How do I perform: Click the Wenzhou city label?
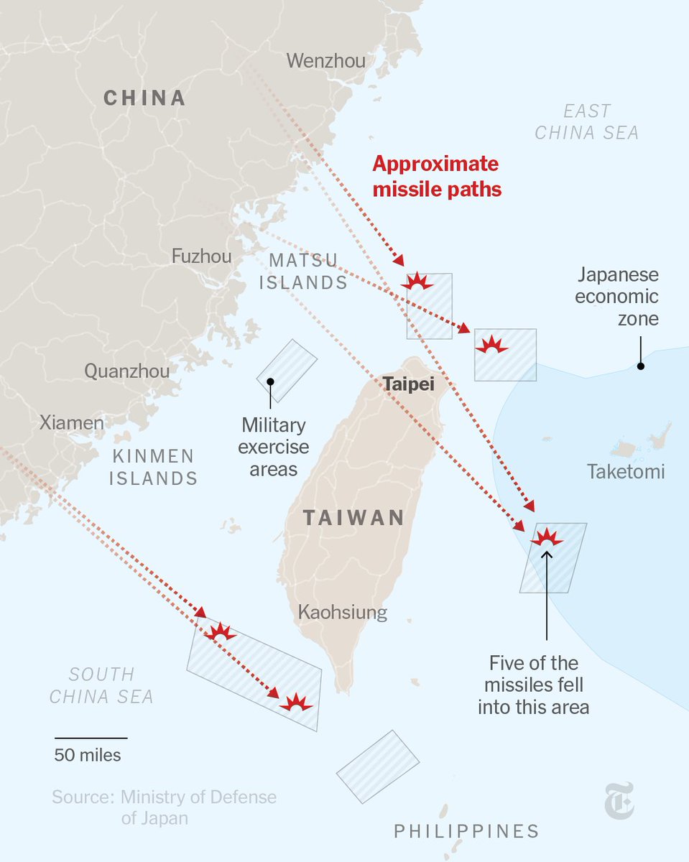pyautogui.click(x=325, y=61)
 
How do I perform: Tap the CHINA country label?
pyautogui.click(x=144, y=98)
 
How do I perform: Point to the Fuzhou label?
pyautogui.click(x=201, y=256)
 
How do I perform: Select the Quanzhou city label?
pyautogui.click(x=127, y=371)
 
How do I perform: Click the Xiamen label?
pyautogui.click(x=71, y=422)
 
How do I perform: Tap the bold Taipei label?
pyautogui.click(x=408, y=384)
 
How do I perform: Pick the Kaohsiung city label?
pyautogui.click(x=343, y=613)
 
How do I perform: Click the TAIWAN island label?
pyautogui.click(x=353, y=517)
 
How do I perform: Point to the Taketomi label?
pyautogui.click(x=626, y=472)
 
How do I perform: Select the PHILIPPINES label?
pyautogui.click(x=466, y=831)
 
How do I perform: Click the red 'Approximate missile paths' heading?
pyautogui.click(x=436, y=177)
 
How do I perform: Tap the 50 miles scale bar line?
pyautogui.click(x=91, y=738)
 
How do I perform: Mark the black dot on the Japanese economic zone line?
pyautogui.click(x=640, y=366)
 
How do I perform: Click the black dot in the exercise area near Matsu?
pyautogui.click(x=270, y=381)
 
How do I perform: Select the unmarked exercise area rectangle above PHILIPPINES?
pyautogui.click(x=377, y=766)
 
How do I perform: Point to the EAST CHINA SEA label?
pyautogui.click(x=587, y=122)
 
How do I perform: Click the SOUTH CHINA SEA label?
pyautogui.click(x=101, y=685)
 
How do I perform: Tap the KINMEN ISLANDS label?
pyautogui.click(x=153, y=467)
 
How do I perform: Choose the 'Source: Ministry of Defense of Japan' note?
pyautogui.click(x=164, y=807)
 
